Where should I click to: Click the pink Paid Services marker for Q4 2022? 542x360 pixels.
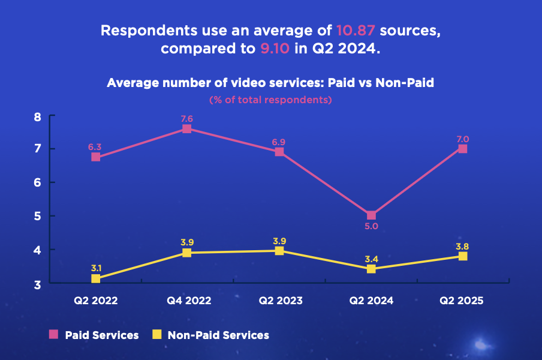click(x=187, y=128)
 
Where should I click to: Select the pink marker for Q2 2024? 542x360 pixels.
click(x=371, y=215)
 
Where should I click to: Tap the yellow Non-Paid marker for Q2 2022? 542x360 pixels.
click(x=96, y=278)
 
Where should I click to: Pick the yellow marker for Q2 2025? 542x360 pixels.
click(x=462, y=256)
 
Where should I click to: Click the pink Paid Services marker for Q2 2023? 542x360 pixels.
click(x=279, y=152)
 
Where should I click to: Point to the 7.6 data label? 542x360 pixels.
click(x=187, y=118)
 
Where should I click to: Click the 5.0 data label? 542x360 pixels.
click(x=371, y=227)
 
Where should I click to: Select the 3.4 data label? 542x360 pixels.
click(x=371, y=259)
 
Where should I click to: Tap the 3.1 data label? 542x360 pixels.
click(x=96, y=268)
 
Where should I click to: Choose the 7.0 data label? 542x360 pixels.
click(x=462, y=139)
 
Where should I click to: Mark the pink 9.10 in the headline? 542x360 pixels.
click(x=276, y=49)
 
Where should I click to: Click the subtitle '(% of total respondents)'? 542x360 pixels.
click(x=270, y=100)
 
